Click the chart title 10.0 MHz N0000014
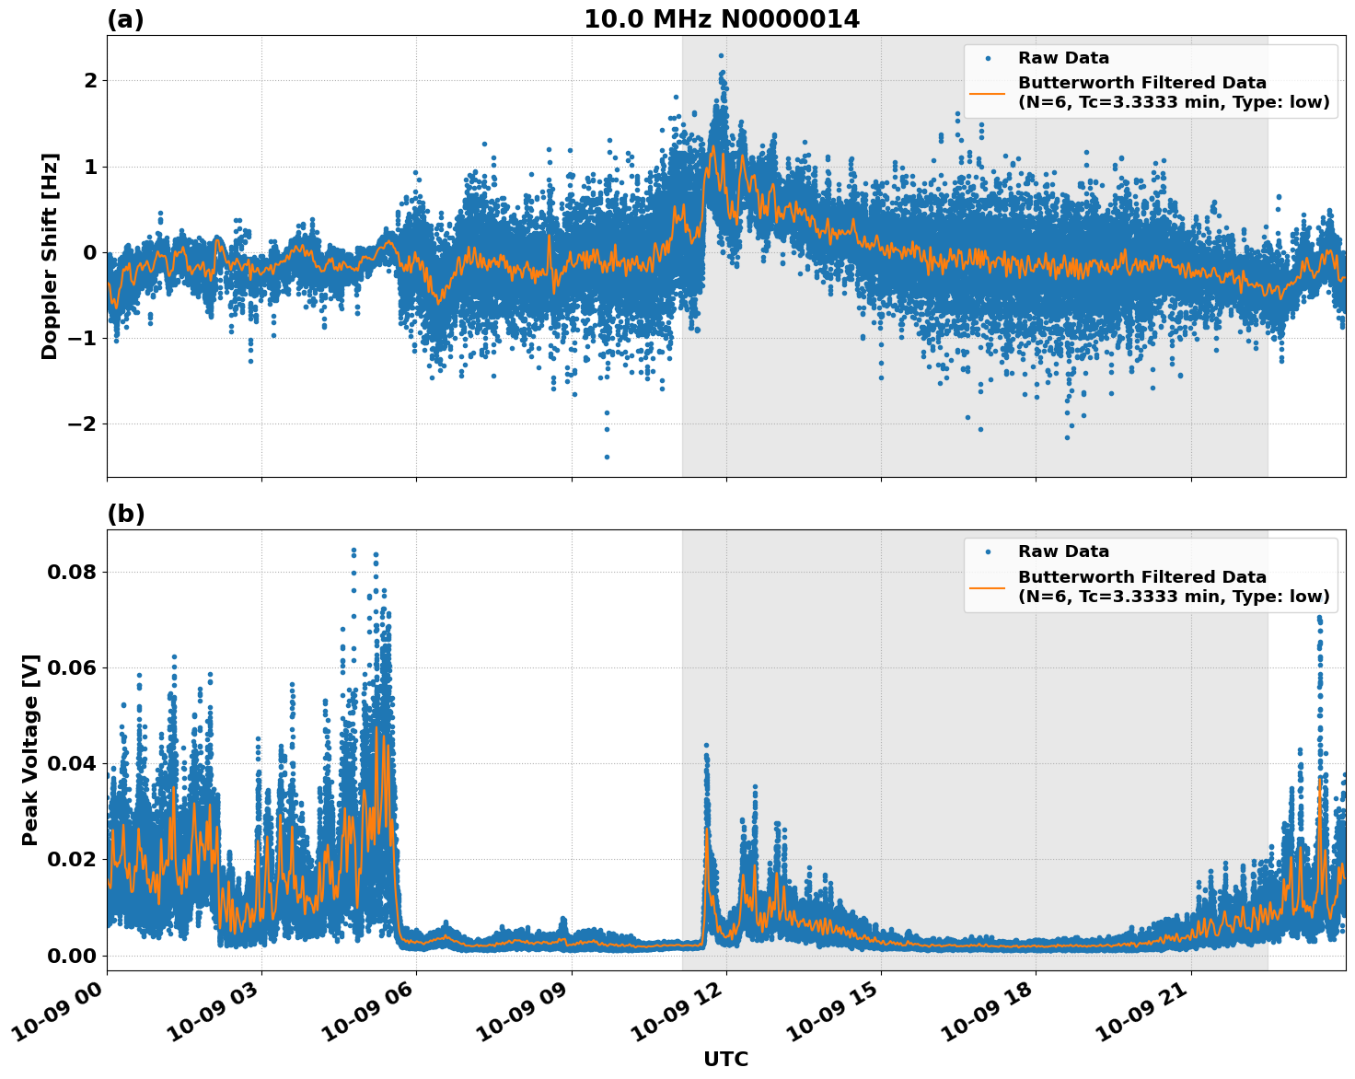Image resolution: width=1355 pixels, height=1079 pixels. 722,19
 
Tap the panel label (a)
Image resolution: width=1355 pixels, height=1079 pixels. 125,19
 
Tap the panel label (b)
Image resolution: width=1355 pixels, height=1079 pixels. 125,514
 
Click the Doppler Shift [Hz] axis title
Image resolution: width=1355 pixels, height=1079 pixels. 50,256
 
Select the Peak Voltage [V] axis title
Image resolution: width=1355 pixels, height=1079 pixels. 30,749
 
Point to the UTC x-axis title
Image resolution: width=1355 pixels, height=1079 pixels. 725,1059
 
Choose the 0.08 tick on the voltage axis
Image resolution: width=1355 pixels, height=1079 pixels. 71,572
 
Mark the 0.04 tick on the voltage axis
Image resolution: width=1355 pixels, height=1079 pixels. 71,763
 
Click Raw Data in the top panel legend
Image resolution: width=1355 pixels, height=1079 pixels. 1063,58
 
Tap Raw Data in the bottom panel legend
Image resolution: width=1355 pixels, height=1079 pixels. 1063,551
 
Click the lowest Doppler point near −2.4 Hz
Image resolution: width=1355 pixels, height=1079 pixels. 607,457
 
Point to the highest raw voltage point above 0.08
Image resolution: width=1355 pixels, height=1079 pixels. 353,550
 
